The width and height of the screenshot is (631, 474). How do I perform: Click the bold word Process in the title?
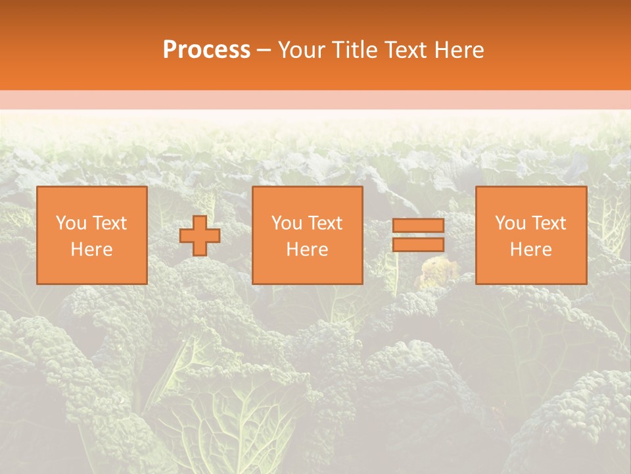pyautogui.click(x=206, y=50)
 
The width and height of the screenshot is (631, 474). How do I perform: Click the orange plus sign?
pyautogui.click(x=200, y=236)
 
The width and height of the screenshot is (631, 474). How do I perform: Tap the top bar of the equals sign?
pyautogui.click(x=418, y=226)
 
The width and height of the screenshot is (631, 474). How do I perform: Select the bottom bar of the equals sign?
pyautogui.click(x=418, y=245)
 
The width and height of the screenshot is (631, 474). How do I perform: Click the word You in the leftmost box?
pyautogui.click(x=71, y=223)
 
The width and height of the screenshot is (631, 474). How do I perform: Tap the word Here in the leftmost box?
pyautogui.click(x=91, y=250)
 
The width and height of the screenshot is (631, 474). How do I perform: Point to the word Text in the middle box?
pyautogui.click(x=325, y=223)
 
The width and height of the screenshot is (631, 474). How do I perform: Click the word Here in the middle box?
pyautogui.click(x=307, y=250)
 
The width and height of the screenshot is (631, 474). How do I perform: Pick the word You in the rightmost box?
pyautogui.click(x=510, y=223)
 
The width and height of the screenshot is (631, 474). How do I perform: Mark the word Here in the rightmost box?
pyautogui.click(x=530, y=250)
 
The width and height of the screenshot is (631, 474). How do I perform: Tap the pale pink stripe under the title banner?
pyautogui.click(x=315, y=100)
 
